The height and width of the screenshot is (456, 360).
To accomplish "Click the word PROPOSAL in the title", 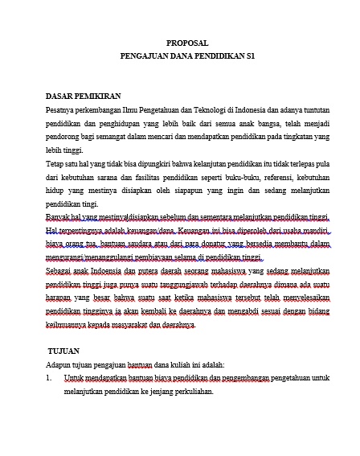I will coord(187,43).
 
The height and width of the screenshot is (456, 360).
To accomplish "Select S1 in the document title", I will coord(251,57).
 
